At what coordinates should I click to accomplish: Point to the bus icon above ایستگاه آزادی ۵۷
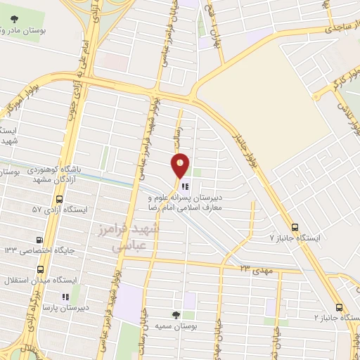[x=52, y=198]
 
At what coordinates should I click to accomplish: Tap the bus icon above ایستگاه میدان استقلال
[x=41, y=269]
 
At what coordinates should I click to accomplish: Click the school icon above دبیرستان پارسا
[x=65, y=297]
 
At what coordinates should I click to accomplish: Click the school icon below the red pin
[x=185, y=186]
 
